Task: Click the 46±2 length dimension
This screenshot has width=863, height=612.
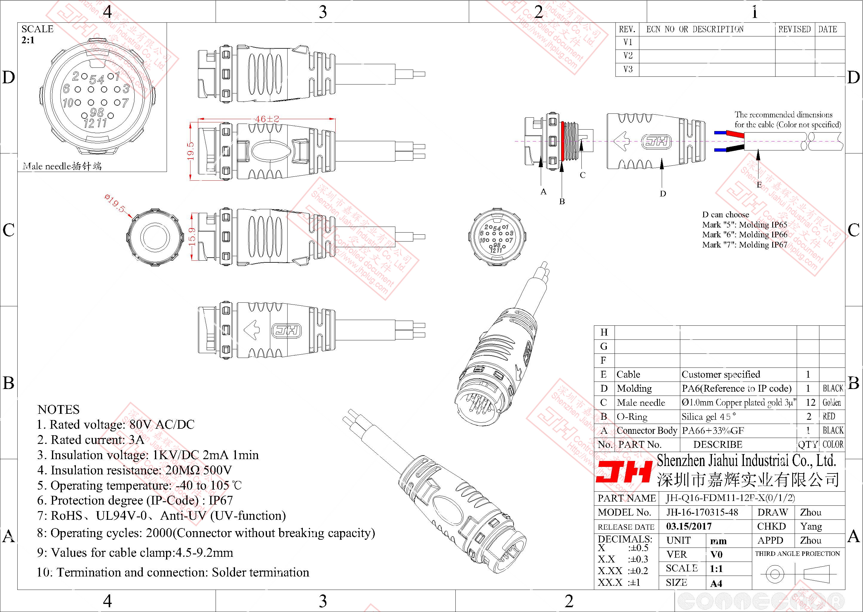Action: point(267,119)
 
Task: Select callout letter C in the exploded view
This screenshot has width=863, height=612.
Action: point(583,175)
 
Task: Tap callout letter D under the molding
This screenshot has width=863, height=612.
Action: point(663,194)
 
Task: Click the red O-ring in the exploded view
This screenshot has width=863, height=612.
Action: point(562,141)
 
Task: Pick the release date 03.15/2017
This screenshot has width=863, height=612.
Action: point(689,526)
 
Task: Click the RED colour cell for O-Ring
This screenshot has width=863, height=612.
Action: point(829,416)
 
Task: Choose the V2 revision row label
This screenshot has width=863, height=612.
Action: point(628,56)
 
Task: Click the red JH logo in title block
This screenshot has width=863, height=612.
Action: point(624,472)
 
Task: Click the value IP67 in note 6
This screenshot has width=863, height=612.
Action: point(221,500)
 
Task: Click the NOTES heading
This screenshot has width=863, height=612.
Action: point(59,410)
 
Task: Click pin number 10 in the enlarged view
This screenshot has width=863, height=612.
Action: point(68,102)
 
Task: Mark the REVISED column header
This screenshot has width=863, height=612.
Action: point(794,29)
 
